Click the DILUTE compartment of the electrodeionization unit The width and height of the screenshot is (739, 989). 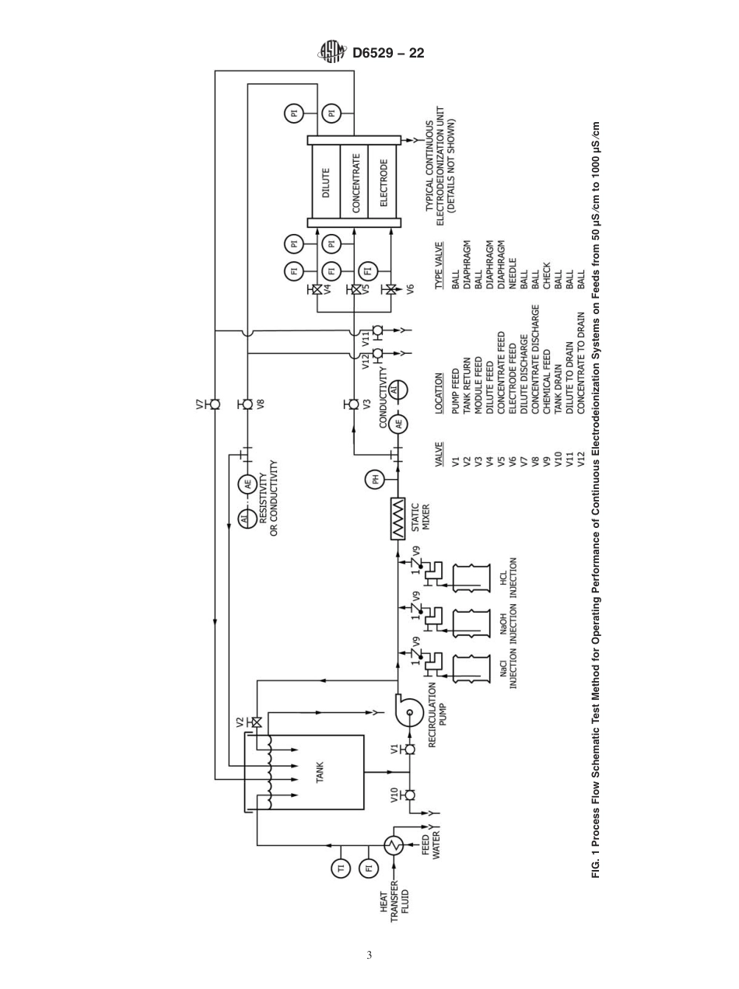pyautogui.click(x=326, y=182)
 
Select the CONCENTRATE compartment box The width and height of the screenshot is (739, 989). pyautogui.click(x=355, y=182)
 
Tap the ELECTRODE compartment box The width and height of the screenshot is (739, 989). pyautogui.click(x=383, y=182)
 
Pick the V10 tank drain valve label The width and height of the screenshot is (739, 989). pyautogui.click(x=394, y=794)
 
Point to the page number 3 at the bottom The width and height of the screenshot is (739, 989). pyautogui.click(x=369, y=955)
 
